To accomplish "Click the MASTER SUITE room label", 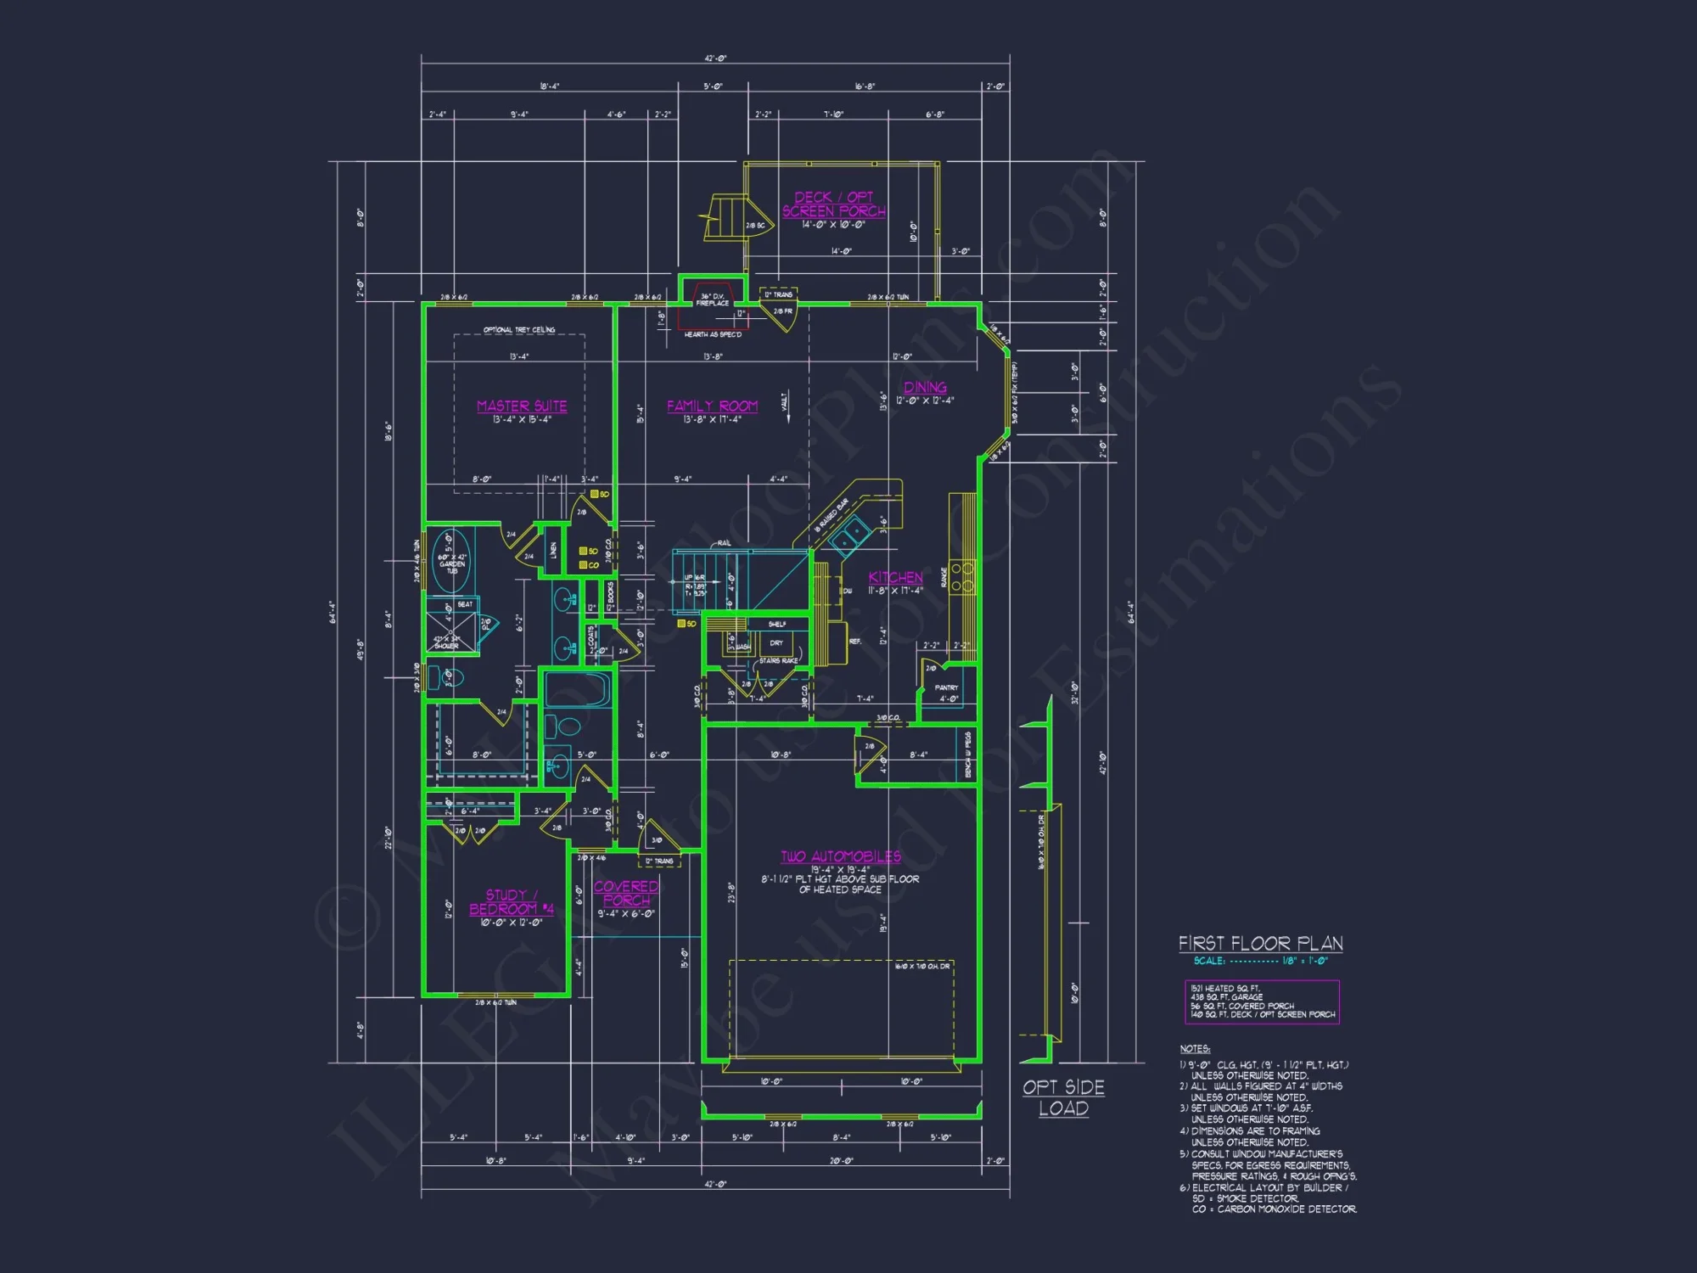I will coord(522,407).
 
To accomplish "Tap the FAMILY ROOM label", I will coord(712,407).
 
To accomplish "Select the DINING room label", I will coord(925,388).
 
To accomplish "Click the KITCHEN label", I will coord(895,577).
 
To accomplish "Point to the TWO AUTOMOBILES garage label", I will coord(841,856).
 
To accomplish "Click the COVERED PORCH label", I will coord(626,893).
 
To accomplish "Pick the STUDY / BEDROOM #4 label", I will coord(511,902).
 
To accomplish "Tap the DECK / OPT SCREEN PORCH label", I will coord(833,204).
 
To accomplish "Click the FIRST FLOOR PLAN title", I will coord(1260,944).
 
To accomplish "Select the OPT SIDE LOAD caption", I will coord(1063,1097).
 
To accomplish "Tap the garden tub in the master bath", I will coord(451,561).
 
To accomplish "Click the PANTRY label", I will coord(946,687).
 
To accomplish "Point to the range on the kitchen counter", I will coord(962,576).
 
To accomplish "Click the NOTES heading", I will coord(1195,1049).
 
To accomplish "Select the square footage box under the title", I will coord(1262,1001).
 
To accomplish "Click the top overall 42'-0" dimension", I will coord(715,59).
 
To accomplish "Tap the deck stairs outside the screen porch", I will coord(725,218).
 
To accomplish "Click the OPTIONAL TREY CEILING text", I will coord(519,329).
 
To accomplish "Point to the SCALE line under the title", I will coord(1260,961).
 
